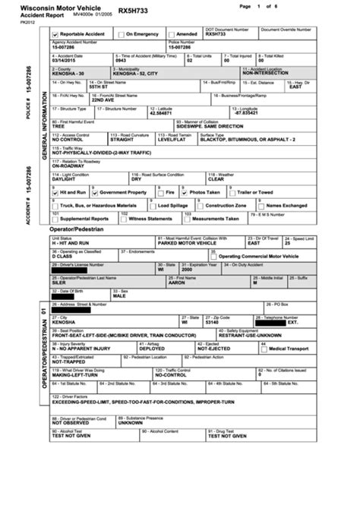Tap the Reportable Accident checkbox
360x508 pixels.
point(55,34)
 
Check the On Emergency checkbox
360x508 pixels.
point(120,34)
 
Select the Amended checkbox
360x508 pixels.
point(171,34)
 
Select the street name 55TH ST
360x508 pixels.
point(99,87)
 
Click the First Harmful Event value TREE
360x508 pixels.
point(58,125)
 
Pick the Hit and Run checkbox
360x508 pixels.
point(55,193)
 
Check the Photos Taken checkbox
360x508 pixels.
point(185,193)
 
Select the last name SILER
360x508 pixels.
point(59,281)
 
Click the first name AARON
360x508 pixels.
point(176,281)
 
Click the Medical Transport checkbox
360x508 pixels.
point(264,348)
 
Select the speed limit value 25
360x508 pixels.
point(287,243)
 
